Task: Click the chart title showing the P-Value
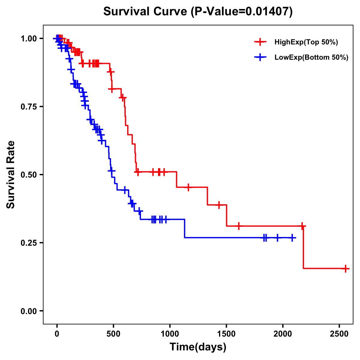coord(198,11)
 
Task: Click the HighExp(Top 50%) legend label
coord(306,42)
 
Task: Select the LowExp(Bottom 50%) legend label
coord(311,58)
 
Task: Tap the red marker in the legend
coord(260,42)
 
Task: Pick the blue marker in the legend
coord(260,57)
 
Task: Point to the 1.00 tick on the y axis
coord(29,38)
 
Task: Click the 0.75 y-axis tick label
coord(29,106)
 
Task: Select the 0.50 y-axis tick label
coord(29,175)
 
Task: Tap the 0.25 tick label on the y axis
coord(29,243)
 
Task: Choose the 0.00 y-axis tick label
coord(29,311)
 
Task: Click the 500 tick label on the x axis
coord(113,334)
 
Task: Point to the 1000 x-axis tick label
coord(170,334)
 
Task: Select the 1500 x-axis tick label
coord(226,334)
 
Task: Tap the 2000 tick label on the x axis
coord(283,334)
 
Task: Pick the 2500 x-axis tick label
coord(339,334)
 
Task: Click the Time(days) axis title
coord(198,347)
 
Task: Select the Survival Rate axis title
coord(11,175)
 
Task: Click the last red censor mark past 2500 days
coord(346,268)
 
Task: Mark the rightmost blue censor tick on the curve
coord(292,238)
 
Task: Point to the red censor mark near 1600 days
coord(239,226)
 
